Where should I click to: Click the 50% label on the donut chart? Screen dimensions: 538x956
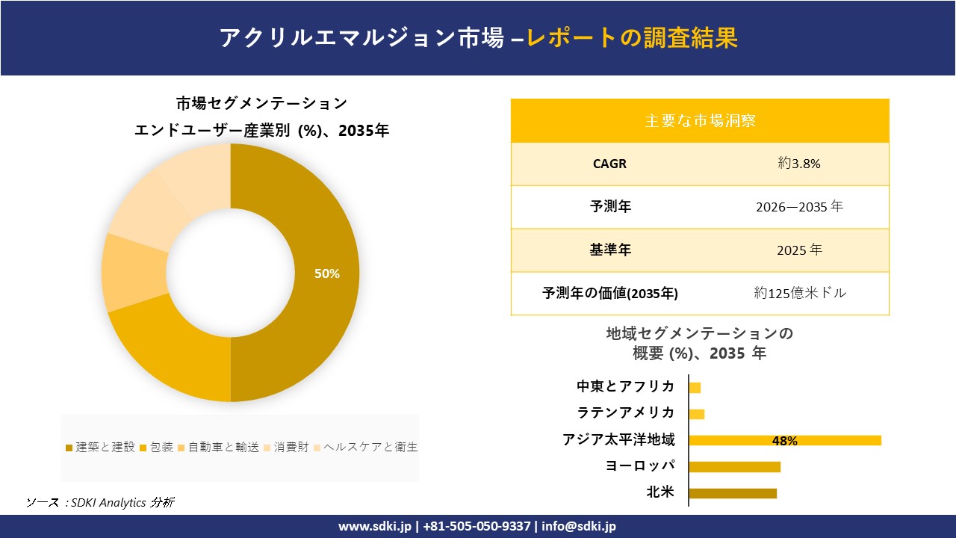pos(327,274)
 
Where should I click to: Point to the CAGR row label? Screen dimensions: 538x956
pos(610,164)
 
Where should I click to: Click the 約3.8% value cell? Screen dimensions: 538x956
pos(799,164)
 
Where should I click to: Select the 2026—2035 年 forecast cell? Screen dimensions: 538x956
pos(799,207)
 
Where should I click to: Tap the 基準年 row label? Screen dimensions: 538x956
pos(610,250)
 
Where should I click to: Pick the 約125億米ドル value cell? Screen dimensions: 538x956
pos(800,294)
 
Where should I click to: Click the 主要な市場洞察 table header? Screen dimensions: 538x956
pos(700,120)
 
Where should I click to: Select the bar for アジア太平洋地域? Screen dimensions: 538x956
pos(784,440)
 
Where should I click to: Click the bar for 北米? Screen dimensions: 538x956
pos(733,493)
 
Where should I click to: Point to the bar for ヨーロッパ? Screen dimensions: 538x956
pos(734,467)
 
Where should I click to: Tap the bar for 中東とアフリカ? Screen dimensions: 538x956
pos(695,388)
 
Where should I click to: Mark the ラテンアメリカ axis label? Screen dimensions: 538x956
pos(626,412)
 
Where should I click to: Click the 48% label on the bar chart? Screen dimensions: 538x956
pos(784,441)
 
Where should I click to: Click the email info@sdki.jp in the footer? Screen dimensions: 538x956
pos(579,526)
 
